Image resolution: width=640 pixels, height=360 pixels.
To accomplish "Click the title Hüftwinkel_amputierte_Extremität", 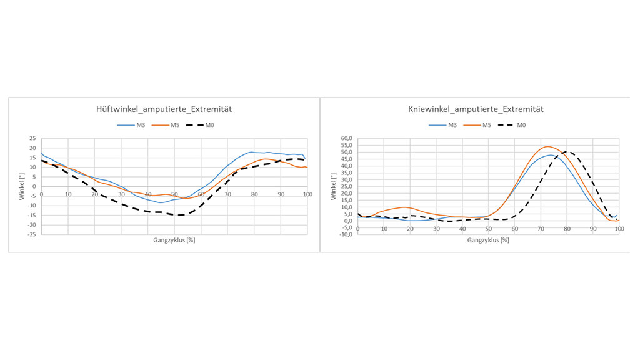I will [164, 109].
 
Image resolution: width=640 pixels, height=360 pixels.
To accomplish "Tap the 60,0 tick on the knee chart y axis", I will [346, 138].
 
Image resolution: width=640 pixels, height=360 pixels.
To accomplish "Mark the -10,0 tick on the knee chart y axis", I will [344, 234].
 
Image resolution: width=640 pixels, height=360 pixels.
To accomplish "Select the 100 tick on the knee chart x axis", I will [619, 229].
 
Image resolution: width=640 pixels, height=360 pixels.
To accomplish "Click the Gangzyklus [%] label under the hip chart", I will [174, 240].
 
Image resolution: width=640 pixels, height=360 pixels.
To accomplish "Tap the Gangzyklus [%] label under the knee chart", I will [487, 240].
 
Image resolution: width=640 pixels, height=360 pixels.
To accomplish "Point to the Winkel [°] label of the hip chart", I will [22, 186].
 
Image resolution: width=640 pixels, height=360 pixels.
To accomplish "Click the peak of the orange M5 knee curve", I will [546, 146].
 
